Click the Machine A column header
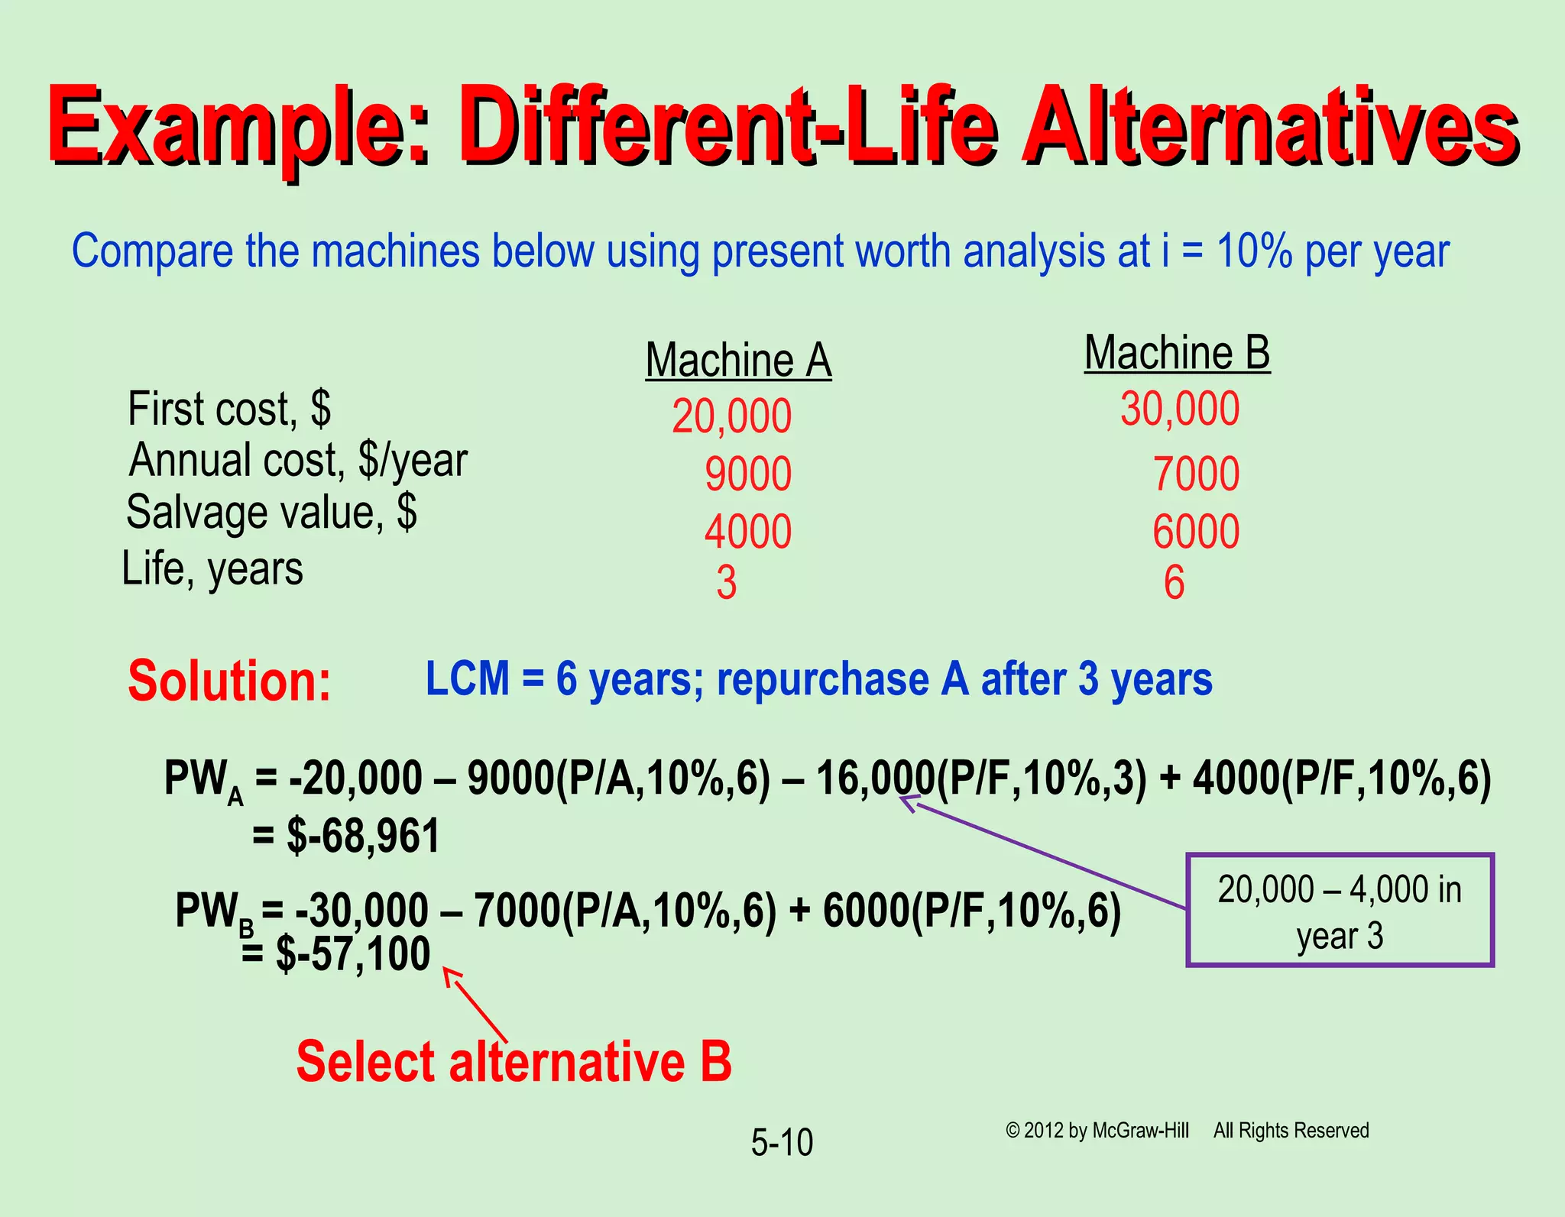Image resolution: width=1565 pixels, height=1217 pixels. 738,360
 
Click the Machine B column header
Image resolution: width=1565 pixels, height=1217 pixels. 1177,353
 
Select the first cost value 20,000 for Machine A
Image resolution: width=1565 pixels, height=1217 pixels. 731,417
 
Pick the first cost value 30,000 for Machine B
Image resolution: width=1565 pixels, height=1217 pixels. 1180,409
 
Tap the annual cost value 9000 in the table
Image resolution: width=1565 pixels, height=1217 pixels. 747,474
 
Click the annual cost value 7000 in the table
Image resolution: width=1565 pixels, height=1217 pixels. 1196,474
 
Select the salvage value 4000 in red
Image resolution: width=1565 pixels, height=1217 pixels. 747,532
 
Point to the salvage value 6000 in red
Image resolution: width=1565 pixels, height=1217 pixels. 1196,532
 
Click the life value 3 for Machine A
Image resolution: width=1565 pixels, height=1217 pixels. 727,583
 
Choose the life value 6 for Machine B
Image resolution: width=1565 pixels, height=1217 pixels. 1175,583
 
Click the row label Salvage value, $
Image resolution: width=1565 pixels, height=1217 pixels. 271,512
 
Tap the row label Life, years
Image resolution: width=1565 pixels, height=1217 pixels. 212,569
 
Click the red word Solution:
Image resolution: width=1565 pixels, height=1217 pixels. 229,681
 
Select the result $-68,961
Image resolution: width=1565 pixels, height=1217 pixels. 364,836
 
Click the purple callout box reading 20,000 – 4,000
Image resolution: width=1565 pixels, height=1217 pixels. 1340,911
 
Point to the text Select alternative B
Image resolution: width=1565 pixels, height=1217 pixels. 514,1062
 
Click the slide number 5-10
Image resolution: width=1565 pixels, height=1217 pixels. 782,1143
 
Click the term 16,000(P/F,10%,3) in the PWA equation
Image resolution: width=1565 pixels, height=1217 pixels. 982,779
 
